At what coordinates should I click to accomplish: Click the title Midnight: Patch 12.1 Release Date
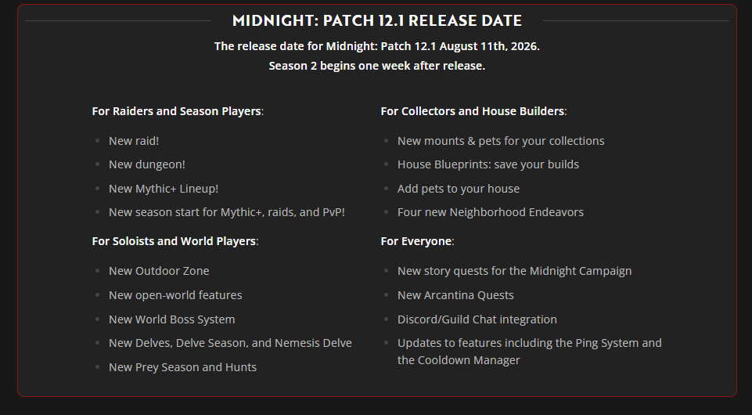(377, 20)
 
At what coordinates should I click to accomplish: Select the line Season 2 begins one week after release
(377, 66)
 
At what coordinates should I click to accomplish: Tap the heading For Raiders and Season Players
(177, 111)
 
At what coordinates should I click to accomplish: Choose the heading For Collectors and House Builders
(473, 111)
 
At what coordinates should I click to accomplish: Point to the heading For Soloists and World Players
(174, 241)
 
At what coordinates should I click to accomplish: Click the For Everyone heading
(416, 241)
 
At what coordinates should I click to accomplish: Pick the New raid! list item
(134, 141)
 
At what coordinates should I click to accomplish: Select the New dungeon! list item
(147, 164)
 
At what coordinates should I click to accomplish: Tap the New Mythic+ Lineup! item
(164, 189)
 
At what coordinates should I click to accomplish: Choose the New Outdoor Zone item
(159, 271)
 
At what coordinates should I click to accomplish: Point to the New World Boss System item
(171, 319)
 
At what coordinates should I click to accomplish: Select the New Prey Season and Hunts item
(183, 367)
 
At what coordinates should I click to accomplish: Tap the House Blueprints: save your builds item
(488, 164)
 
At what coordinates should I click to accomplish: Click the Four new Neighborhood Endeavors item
(491, 212)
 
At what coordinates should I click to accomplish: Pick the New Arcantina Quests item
(455, 295)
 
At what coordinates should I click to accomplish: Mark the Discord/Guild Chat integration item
(477, 319)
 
